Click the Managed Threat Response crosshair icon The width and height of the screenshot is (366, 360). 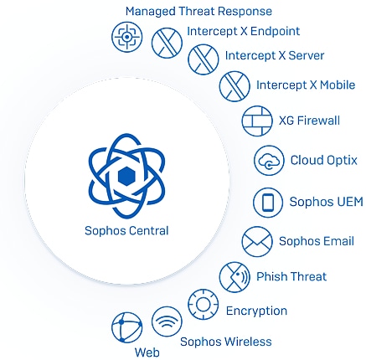point(126,37)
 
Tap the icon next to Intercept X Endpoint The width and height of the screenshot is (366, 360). point(167,43)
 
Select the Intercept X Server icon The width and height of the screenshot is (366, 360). point(204,59)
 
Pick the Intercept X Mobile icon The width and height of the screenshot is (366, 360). point(235,86)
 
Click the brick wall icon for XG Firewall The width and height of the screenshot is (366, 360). point(257,121)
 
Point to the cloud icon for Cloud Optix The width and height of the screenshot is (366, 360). point(269,161)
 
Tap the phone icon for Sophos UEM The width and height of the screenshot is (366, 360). point(268,203)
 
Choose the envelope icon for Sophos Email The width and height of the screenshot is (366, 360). point(257,242)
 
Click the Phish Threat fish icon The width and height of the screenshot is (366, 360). point(235,277)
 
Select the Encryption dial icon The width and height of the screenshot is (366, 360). point(204,305)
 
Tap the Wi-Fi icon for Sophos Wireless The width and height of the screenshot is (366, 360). point(167,321)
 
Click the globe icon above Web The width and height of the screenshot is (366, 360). point(126,327)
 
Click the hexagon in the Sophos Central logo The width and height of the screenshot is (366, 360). point(127,177)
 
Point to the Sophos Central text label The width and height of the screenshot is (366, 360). point(126,231)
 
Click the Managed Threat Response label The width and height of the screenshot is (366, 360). point(198,12)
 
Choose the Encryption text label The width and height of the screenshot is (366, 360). point(256,311)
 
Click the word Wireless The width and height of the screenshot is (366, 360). point(248,342)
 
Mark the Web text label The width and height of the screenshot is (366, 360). point(147,352)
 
